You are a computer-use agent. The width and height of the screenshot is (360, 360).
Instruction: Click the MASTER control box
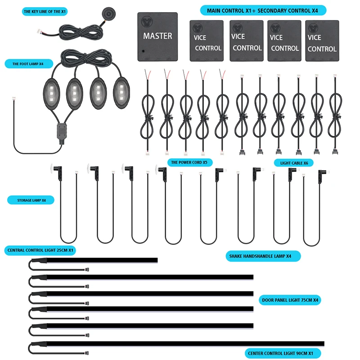click(x=157, y=36)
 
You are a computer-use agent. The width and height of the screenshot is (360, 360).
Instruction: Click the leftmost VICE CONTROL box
click(x=207, y=41)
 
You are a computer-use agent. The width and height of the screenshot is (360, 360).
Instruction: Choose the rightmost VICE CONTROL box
click(x=322, y=41)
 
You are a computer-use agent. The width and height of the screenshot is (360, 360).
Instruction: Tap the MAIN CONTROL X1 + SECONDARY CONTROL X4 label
click(x=263, y=10)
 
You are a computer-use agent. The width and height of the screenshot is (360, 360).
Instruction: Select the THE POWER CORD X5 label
click(x=189, y=162)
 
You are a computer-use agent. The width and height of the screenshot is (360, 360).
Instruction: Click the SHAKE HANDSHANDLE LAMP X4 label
click(x=263, y=256)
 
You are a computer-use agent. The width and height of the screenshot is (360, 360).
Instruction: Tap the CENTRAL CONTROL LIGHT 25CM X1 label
click(x=40, y=250)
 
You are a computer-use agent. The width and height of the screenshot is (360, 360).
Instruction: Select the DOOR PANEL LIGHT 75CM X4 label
click(x=291, y=300)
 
